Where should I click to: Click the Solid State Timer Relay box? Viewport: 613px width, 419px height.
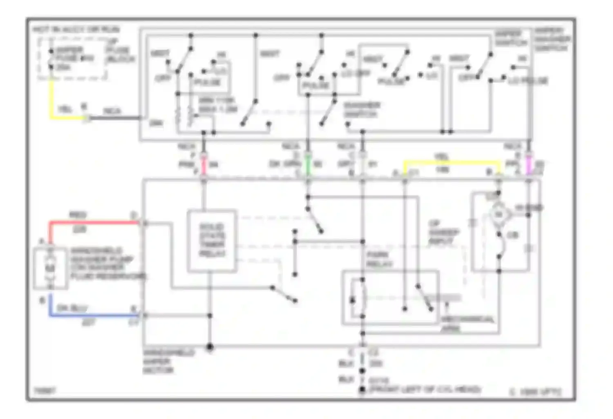212,241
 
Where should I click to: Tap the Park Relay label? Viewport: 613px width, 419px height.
379,259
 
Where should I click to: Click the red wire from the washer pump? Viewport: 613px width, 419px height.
94,223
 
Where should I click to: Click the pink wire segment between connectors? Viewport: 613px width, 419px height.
204,165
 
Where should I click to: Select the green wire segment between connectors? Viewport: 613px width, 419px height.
308,165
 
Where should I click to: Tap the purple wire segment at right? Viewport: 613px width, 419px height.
528,165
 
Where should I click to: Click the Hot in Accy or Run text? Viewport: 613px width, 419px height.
76,29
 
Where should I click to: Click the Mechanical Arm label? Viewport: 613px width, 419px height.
467,323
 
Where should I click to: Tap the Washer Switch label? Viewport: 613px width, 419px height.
362,109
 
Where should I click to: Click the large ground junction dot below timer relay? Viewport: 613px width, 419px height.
210,347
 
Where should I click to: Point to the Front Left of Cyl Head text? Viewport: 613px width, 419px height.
425,389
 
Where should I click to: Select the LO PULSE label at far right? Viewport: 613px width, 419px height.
528,81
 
